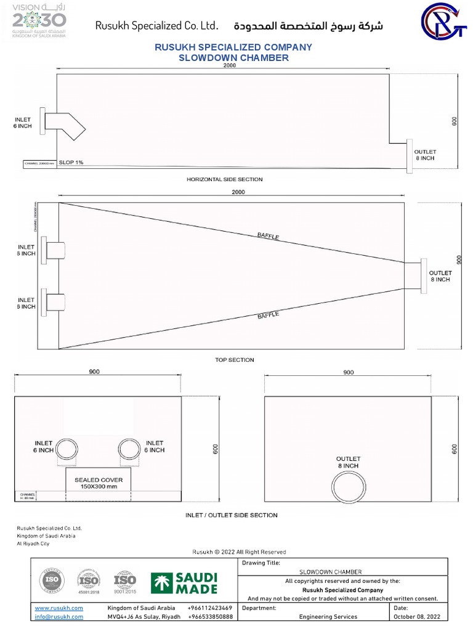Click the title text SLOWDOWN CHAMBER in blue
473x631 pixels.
click(233, 58)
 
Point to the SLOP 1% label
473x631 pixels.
click(71, 163)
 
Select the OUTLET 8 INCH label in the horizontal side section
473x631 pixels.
click(424, 155)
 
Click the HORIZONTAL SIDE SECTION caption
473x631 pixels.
click(224, 179)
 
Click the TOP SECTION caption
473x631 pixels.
click(234, 360)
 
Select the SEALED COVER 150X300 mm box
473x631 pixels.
click(99, 483)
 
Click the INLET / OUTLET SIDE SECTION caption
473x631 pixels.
click(232, 515)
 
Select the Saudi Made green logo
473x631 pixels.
click(184, 583)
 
